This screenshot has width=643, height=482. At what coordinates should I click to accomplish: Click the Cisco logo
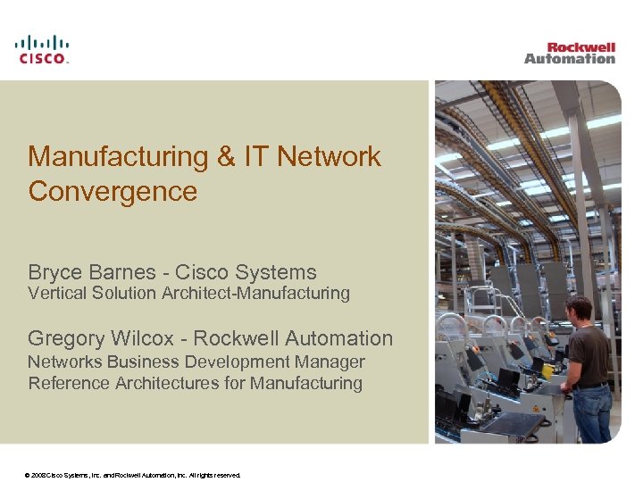point(41,49)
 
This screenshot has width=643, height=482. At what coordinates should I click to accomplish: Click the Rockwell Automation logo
point(570,53)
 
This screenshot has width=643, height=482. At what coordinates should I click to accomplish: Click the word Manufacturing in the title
point(117,157)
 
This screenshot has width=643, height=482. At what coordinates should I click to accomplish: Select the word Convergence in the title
point(113,191)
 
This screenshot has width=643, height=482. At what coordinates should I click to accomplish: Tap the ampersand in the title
point(226,157)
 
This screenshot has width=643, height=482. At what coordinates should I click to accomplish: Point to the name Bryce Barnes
point(96,272)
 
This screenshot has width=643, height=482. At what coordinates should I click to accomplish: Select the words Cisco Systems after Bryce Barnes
point(246,272)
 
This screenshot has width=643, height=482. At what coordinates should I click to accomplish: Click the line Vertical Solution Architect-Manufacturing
point(188,293)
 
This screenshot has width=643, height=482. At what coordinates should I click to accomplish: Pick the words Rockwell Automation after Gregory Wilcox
point(293,338)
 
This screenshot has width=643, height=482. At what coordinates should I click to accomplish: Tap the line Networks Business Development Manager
point(196,361)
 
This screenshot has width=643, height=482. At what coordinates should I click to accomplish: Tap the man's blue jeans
point(592,411)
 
